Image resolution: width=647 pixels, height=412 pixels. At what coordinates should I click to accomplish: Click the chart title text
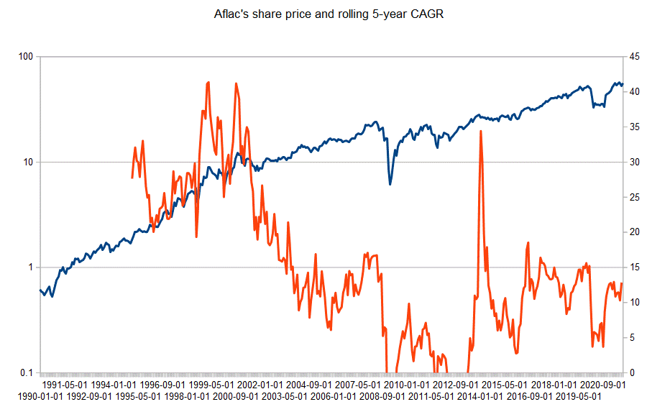click(323, 14)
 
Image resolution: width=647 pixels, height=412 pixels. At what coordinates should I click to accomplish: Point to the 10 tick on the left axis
click(29, 162)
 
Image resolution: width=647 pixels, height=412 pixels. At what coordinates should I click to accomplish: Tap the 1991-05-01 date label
click(67, 385)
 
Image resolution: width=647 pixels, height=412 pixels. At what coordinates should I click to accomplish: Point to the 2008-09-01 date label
click(385, 396)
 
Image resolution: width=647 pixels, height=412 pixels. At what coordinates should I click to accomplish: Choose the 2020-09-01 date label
click(602, 385)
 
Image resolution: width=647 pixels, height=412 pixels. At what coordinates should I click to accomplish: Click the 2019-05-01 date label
click(579, 396)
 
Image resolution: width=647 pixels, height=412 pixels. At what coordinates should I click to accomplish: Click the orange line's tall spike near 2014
click(480, 132)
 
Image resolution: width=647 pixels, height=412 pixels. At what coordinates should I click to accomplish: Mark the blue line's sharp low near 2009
click(390, 184)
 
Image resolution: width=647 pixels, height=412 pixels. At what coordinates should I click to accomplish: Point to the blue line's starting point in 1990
click(40, 290)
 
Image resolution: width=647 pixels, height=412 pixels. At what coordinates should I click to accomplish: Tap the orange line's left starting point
click(132, 177)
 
